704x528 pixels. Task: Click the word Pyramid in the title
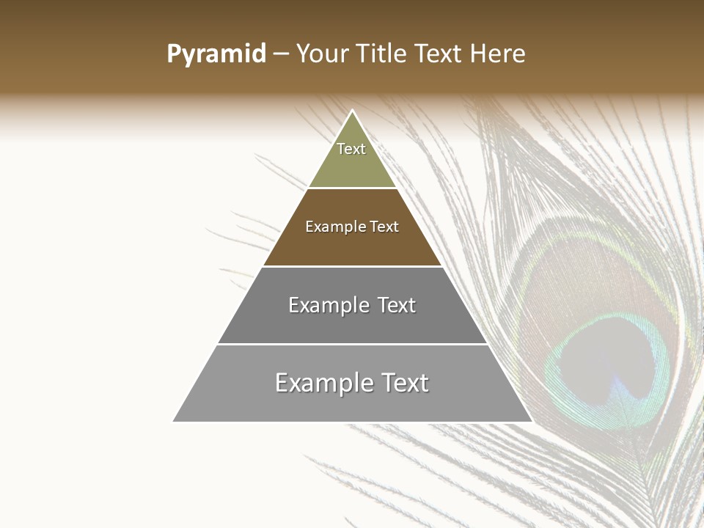pos(216,54)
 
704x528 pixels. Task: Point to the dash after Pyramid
pos(281,54)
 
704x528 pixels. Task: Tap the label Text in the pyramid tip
pos(351,149)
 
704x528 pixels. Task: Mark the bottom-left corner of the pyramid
pos(174,421)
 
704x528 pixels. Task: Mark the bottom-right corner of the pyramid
pos(532,421)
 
